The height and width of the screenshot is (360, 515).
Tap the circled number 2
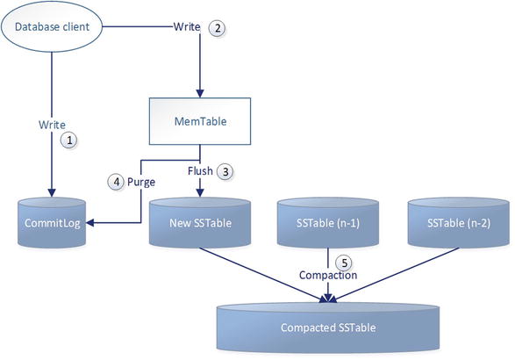click(x=218, y=27)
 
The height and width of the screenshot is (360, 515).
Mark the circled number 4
click(x=114, y=182)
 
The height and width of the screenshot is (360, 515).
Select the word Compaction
click(x=327, y=275)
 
